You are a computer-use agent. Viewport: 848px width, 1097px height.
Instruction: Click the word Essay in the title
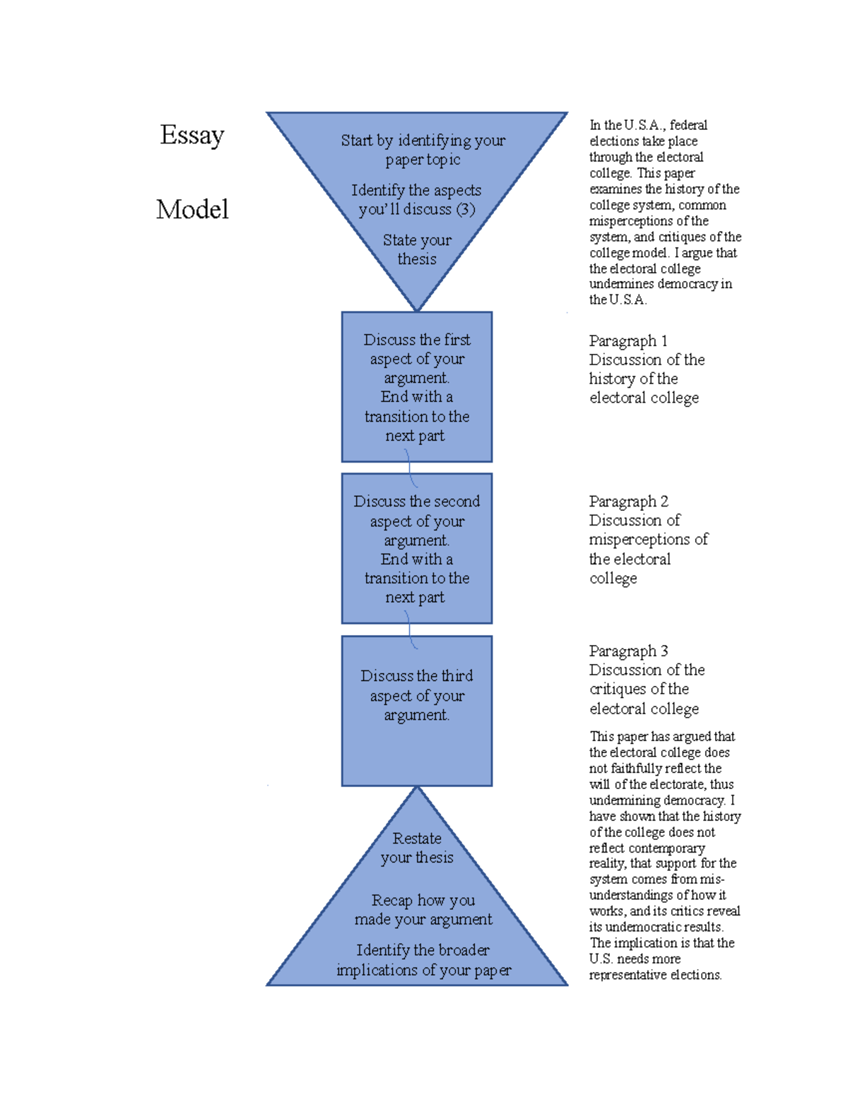[x=192, y=135]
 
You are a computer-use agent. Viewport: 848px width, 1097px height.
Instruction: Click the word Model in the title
[x=192, y=209]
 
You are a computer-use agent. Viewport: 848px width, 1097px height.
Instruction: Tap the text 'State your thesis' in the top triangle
[x=417, y=249]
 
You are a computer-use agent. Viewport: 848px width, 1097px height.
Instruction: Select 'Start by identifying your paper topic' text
[x=423, y=150]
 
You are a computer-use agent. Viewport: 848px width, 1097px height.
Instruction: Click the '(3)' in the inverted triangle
[x=465, y=209]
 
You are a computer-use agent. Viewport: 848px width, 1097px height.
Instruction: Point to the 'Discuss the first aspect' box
[x=417, y=387]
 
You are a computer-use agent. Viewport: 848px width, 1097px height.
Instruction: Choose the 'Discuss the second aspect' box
[x=417, y=549]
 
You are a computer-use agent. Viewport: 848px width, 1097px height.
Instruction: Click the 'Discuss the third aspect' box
[x=417, y=711]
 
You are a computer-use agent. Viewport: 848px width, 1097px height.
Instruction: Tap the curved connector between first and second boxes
[x=410, y=468]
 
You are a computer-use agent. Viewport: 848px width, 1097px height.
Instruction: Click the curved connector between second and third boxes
[x=410, y=629]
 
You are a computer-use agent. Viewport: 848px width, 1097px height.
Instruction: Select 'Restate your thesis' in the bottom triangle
[x=417, y=848]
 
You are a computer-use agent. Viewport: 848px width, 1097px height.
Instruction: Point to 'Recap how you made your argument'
[x=423, y=910]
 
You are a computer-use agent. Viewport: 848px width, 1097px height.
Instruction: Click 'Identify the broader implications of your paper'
[x=423, y=960]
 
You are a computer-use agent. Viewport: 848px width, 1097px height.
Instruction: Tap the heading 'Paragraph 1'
[x=628, y=341]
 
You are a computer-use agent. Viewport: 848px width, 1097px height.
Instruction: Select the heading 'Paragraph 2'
[x=628, y=502]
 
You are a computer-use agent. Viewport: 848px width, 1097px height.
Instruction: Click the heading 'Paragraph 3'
[x=628, y=651]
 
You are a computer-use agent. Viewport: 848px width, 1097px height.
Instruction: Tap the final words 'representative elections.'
[x=655, y=975]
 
